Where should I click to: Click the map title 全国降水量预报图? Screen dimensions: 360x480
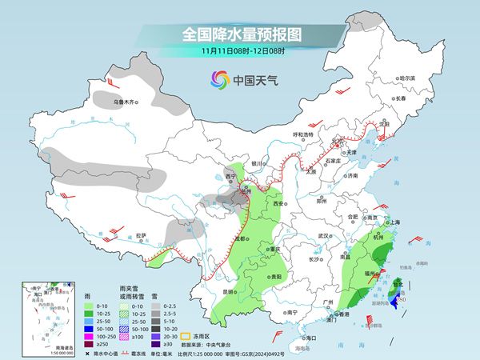239,34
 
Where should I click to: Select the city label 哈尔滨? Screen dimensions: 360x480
407,78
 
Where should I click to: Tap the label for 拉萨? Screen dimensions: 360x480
141,235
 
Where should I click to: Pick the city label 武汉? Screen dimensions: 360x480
323,236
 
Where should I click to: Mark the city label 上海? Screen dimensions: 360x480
392,222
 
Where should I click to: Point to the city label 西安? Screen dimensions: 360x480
278,204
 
